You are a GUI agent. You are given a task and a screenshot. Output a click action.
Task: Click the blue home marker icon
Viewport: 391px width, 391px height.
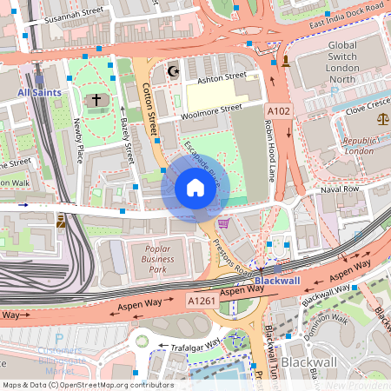[x=195, y=187]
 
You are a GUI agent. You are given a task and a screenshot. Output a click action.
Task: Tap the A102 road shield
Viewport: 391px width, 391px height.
[x=279, y=112]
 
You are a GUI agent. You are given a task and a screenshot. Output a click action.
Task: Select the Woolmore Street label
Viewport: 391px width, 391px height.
[x=211, y=110]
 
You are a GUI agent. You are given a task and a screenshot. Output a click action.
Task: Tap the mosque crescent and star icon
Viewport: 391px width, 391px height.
[x=172, y=71]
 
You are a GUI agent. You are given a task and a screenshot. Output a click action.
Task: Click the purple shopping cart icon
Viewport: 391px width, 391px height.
[x=223, y=223]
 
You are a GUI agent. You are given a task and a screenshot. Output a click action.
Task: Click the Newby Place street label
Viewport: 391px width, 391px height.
[x=79, y=141]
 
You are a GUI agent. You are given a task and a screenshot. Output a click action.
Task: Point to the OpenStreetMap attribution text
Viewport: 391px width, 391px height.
[x=88, y=384]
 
